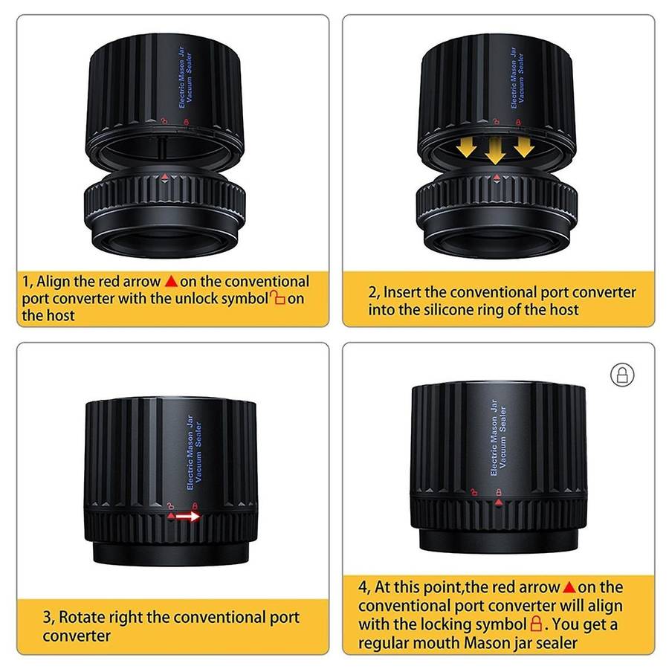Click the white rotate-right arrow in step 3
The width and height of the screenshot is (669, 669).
pos(188,517)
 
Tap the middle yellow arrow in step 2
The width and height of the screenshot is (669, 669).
pos(495,151)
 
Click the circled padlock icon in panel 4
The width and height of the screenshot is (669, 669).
pos(622,375)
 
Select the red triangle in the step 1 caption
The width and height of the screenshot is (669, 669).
pos(171,281)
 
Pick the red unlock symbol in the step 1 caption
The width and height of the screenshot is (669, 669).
pos(277,297)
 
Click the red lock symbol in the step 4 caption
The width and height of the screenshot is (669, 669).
pos(536,624)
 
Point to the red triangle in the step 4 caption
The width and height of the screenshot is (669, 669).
pos(569,587)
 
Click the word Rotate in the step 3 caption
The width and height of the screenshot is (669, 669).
pos(82,617)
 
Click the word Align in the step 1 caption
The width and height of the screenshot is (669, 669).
pos(53,282)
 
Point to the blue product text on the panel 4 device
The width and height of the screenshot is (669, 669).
pos(498,438)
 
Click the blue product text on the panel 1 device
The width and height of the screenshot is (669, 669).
pos(185,77)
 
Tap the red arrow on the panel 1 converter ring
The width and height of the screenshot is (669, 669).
pos(165,176)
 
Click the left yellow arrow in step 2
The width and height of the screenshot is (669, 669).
pos(466,148)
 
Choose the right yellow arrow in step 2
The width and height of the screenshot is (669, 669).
pos(524,146)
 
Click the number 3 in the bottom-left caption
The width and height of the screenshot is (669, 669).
pos(48,618)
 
